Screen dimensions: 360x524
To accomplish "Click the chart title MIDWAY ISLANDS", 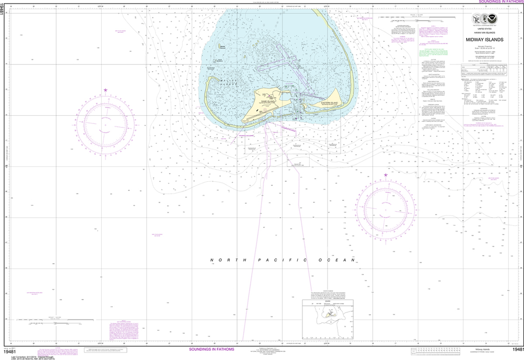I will point(484,39).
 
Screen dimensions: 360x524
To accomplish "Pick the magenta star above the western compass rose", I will point(106,91).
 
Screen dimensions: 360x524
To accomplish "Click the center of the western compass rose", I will point(106,125).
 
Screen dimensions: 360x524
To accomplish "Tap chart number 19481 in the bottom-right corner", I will point(517,349).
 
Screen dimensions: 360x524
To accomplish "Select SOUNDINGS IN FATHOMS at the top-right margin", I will point(500,2).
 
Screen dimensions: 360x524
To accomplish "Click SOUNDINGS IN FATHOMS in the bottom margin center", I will point(211,349).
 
